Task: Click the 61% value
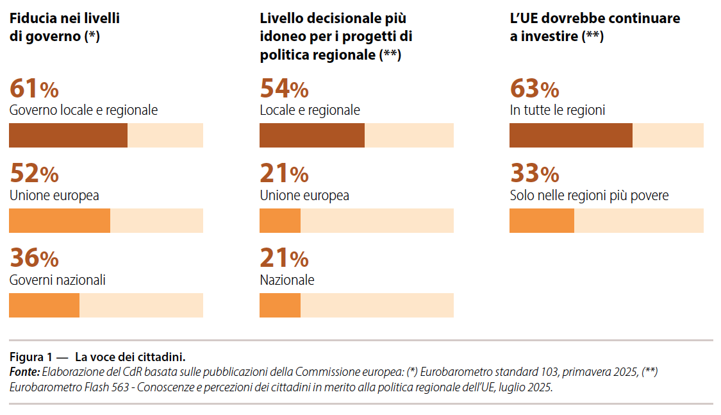tap(34, 89)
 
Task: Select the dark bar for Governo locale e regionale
tap(68, 135)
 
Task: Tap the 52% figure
tap(34, 174)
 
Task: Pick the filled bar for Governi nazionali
tap(44, 305)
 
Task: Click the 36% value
tap(34, 258)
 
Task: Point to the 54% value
tap(284, 89)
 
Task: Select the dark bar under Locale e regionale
tap(312, 135)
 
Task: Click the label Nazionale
tap(287, 280)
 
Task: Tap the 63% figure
tap(534, 89)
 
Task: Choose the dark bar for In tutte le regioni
tap(571, 135)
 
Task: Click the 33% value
tap(534, 174)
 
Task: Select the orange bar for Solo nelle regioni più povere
tap(542, 221)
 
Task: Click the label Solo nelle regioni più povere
tap(589, 196)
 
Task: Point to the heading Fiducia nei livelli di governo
tap(64, 28)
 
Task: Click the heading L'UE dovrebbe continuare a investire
tap(595, 28)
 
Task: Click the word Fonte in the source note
tap(24, 372)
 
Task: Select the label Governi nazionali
tap(58, 280)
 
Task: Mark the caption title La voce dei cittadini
tap(130, 357)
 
